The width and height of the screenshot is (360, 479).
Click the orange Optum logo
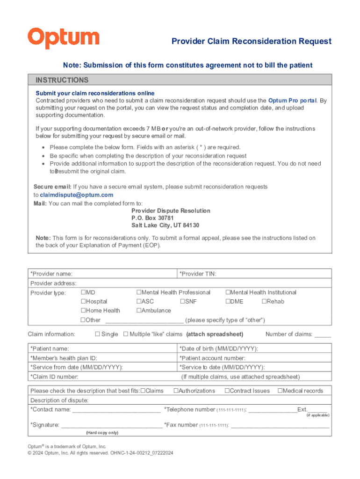[x=64, y=38]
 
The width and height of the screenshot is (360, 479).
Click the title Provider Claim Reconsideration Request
[x=251, y=41]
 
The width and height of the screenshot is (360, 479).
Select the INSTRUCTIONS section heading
[x=62, y=80]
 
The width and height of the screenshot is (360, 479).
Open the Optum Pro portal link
[x=292, y=101]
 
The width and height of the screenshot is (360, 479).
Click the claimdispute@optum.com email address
[x=77, y=195]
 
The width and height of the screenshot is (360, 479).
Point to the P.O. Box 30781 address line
[x=152, y=218]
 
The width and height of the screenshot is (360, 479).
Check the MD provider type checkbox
[x=83, y=292]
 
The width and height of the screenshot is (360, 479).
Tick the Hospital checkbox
[x=83, y=302]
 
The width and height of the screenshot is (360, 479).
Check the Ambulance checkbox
[x=139, y=311]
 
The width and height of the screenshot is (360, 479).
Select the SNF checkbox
[x=182, y=302]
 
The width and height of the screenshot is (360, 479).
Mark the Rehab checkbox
[x=264, y=302]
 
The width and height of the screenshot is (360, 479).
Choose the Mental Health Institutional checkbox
[x=228, y=292]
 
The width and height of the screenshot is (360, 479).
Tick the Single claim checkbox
[x=98, y=334]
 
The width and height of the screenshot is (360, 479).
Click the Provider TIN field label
[x=198, y=274]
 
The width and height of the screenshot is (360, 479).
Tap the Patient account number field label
[x=212, y=358]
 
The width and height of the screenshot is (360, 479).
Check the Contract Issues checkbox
[x=227, y=391]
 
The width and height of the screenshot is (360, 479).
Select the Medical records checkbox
[x=280, y=391]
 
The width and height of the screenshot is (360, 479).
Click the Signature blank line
[x=112, y=426]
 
